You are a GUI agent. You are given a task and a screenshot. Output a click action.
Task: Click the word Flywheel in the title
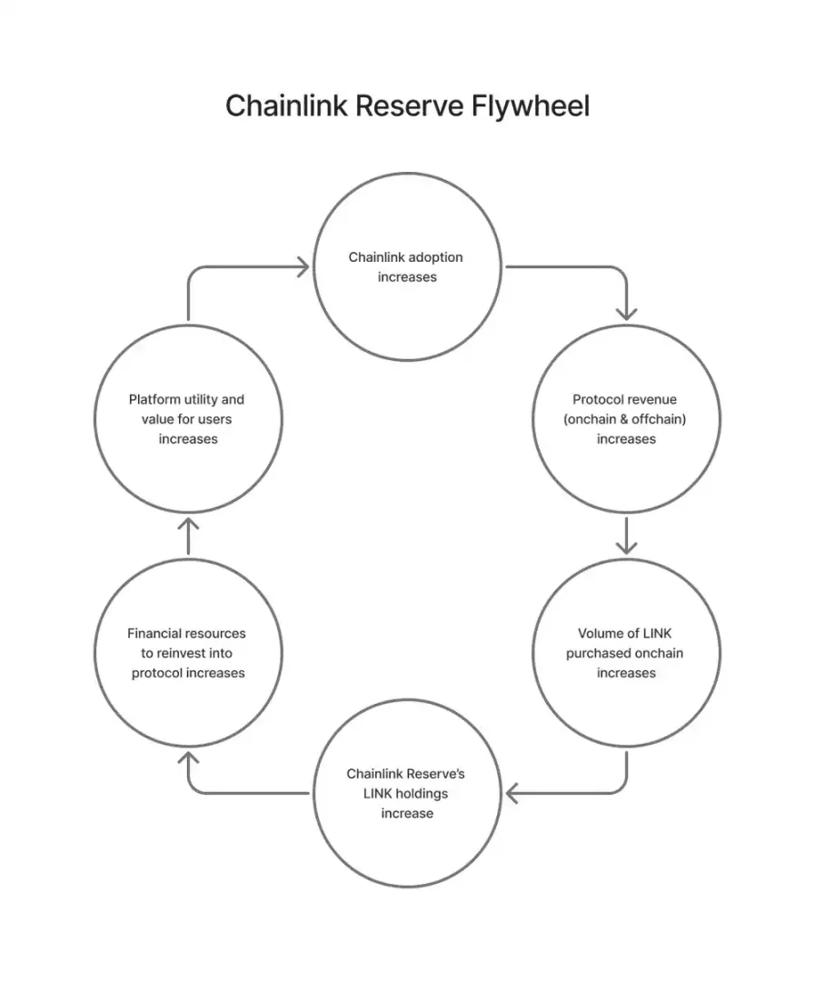coord(531,105)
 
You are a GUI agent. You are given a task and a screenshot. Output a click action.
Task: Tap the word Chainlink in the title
coord(286,105)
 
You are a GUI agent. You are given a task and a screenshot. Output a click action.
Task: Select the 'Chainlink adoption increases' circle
coord(407,173)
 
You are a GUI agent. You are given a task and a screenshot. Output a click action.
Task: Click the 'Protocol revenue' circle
coord(627,326)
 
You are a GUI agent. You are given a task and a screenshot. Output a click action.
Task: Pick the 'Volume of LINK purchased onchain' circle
coord(627,559)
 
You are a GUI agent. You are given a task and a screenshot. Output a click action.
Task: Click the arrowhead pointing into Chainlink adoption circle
coord(303,266)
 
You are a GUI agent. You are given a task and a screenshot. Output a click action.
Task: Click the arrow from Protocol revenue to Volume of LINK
coord(627,536)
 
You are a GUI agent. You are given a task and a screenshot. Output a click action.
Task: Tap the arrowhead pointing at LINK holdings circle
coord(512,794)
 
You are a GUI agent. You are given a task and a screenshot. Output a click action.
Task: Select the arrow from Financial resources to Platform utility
coord(188,536)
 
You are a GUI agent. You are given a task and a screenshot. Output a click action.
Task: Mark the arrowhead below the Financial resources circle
coord(188,758)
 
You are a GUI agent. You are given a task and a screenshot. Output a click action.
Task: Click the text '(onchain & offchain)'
coord(625,419)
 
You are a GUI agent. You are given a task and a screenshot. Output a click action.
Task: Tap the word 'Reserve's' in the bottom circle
coord(436,774)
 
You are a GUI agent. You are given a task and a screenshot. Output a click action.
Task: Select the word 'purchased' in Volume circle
coord(597,653)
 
